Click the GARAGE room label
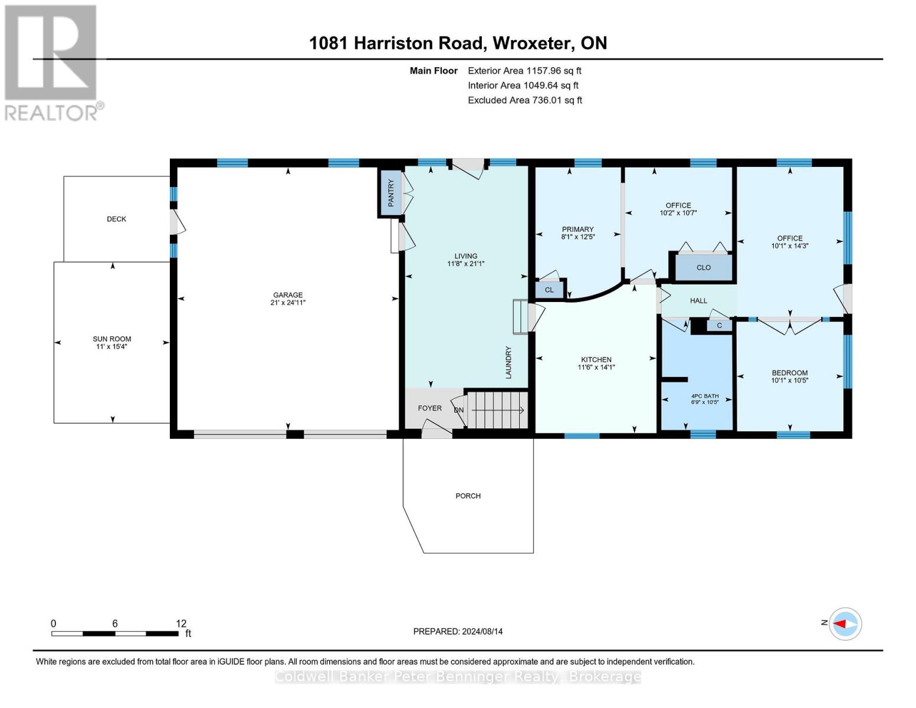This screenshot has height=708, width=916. pyautogui.click(x=288, y=295)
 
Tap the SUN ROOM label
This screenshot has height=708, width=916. pyautogui.click(x=111, y=339)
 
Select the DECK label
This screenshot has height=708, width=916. pyautogui.click(x=116, y=219)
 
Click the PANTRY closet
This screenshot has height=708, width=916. pyautogui.click(x=390, y=193)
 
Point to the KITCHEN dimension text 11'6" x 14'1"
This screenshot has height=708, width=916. pyautogui.click(x=596, y=367)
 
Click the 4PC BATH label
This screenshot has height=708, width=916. pyautogui.click(x=705, y=396)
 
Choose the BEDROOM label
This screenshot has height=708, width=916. pyautogui.click(x=789, y=373)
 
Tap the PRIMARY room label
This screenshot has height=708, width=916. pyautogui.click(x=577, y=230)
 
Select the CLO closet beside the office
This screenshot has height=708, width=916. pyautogui.click(x=703, y=267)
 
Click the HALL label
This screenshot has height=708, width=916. pyautogui.click(x=698, y=301)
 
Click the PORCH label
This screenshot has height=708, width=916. pyautogui.click(x=468, y=496)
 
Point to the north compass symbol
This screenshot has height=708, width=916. pyautogui.click(x=845, y=624)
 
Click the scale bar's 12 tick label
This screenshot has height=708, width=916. pyautogui.click(x=180, y=624)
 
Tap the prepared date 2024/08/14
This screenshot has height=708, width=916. pyautogui.click(x=482, y=631)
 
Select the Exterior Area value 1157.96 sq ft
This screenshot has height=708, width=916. pyautogui.click(x=553, y=71)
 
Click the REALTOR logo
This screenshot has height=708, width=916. pyautogui.click(x=52, y=63)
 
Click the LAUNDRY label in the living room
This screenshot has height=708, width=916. pyautogui.click(x=508, y=362)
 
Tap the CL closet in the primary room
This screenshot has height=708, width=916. pyautogui.click(x=549, y=290)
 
